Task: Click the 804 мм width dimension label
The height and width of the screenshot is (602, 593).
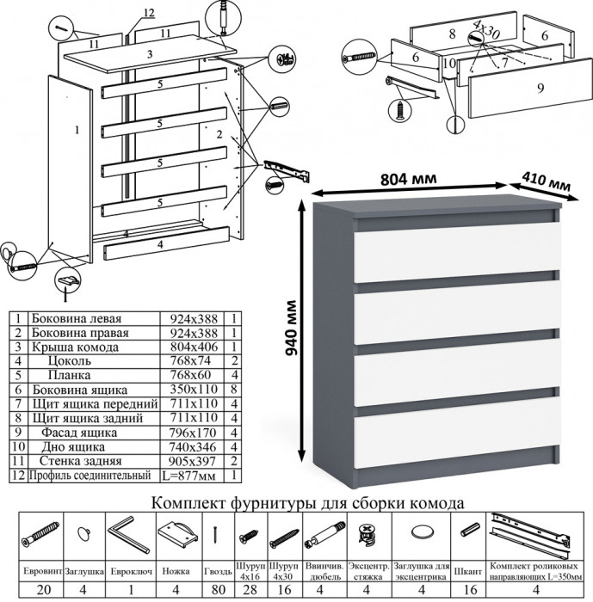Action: pos(409,179)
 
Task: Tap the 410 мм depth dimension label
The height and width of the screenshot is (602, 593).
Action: pos(547,183)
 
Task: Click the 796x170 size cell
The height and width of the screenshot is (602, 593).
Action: pos(192,433)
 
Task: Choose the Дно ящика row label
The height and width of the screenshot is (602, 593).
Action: pos(72,447)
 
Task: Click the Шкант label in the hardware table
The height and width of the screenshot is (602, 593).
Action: pos(468,569)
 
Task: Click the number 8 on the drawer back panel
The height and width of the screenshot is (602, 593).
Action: pos(450,34)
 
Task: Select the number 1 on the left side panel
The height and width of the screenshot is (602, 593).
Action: pos(77,130)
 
